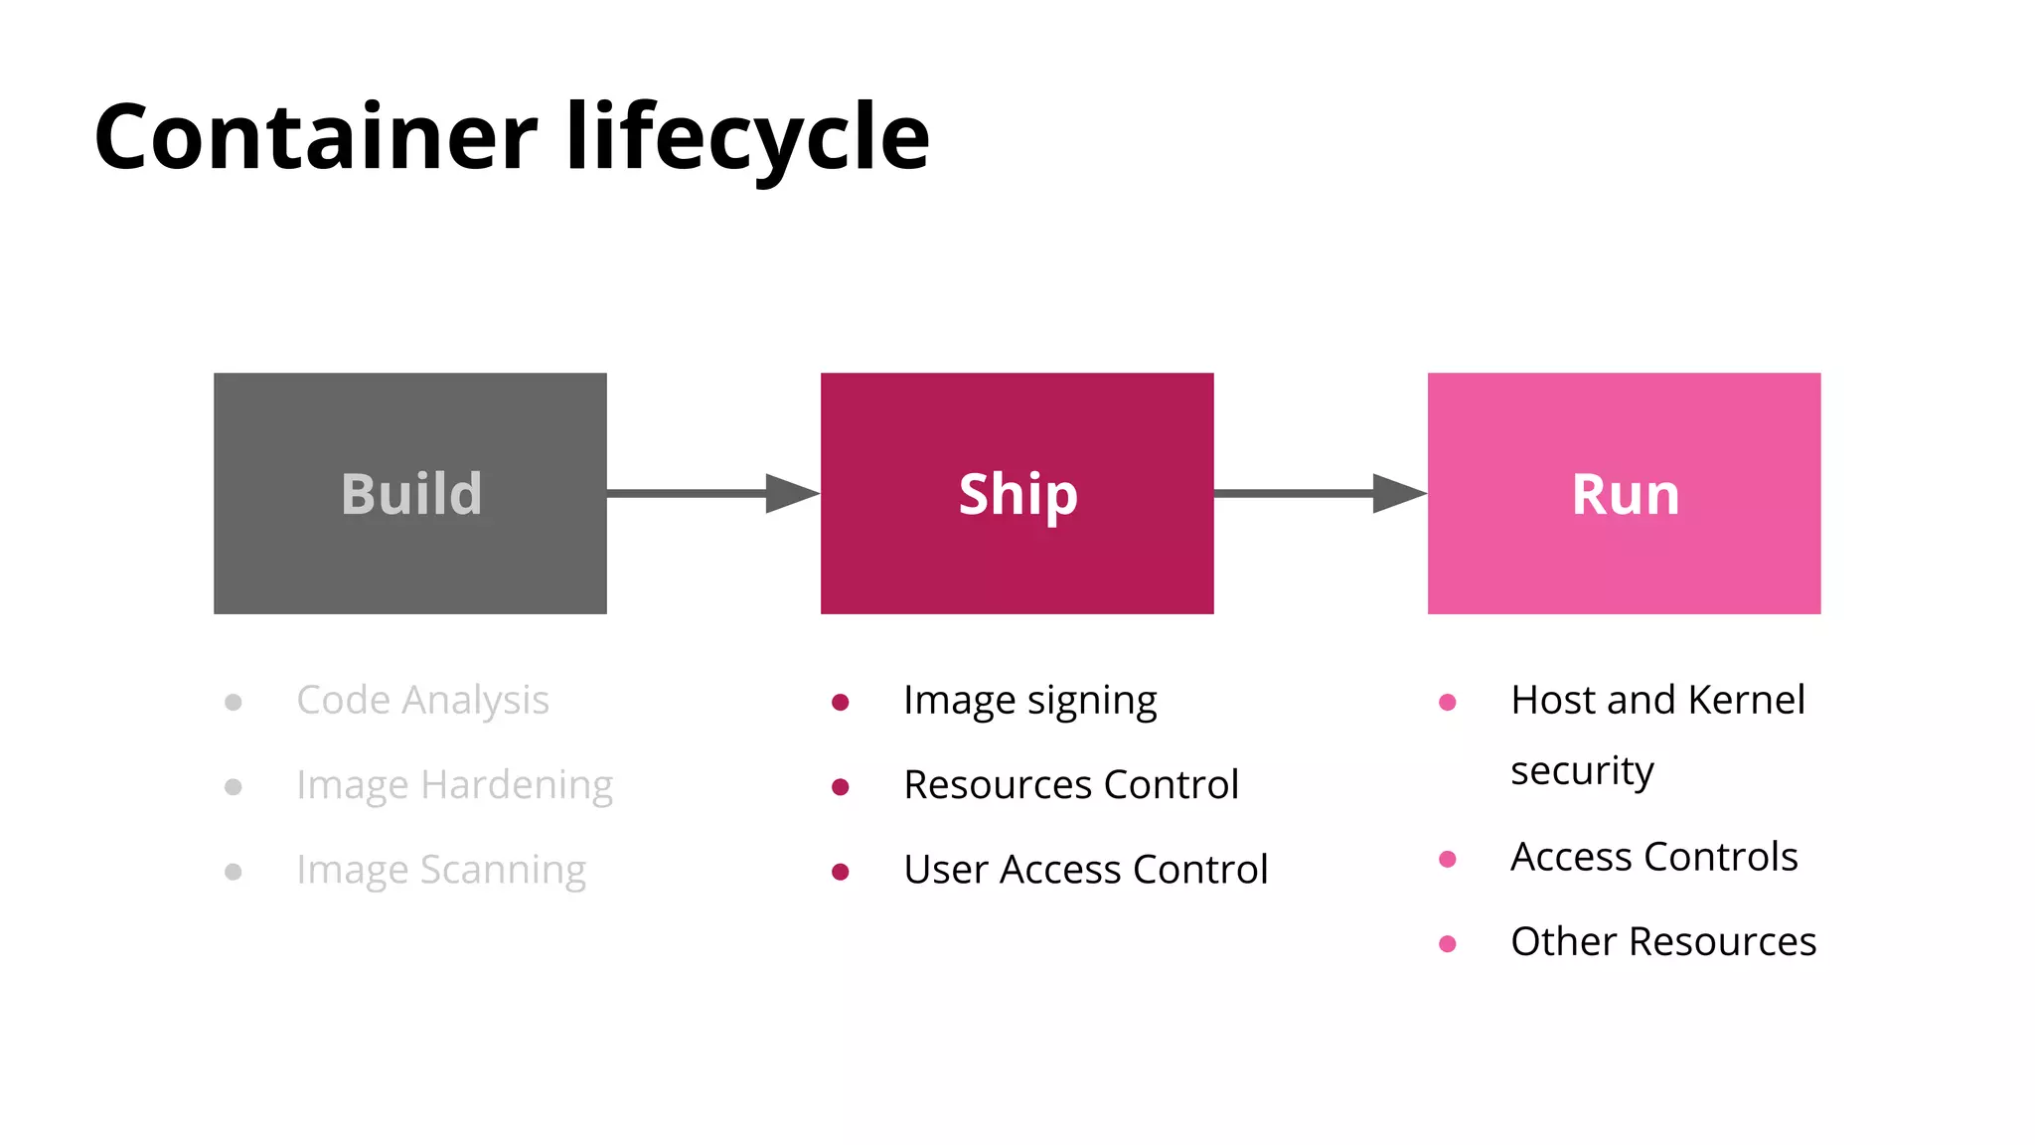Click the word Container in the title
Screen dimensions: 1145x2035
(x=315, y=137)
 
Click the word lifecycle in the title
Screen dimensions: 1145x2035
(x=747, y=137)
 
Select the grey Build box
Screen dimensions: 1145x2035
(x=409, y=493)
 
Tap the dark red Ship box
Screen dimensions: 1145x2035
(x=1017, y=493)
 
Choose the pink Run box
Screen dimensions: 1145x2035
(x=1624, y=493)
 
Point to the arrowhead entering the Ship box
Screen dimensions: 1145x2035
(x=792, y=493)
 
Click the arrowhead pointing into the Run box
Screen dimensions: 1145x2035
(x=1399, y=493)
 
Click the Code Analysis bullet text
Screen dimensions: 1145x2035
(x=422, y=701)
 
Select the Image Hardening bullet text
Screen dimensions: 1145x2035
(x=454, y=785)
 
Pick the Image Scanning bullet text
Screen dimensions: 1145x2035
(x=441, y=870)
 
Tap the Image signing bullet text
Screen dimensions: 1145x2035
(x=1029, y=701)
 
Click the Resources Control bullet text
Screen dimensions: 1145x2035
(x=1070, y=785)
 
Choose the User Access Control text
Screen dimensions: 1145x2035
(x=1085, y=870)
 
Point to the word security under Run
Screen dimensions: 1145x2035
(x=1582, y=771)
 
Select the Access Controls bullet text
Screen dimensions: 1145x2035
(x=1653, y=857)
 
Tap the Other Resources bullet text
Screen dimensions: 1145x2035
(x=1662, y=941)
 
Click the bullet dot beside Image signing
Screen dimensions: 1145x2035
(x=841, y=703)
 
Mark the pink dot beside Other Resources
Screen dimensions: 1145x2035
(x=1448, y=943)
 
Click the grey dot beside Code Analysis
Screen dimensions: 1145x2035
(x=234, y=703)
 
